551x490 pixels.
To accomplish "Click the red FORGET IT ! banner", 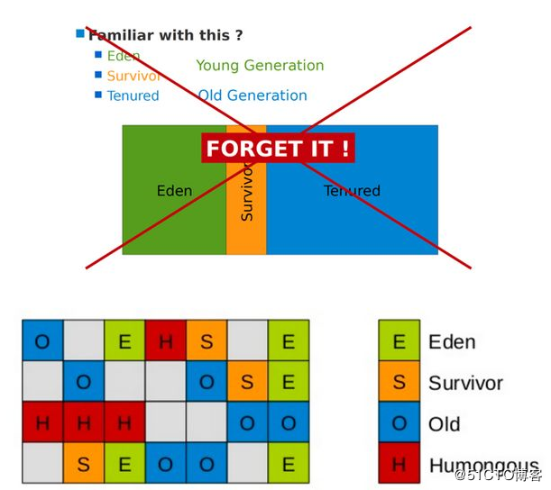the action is (278, 148).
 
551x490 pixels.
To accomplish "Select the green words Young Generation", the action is (260, 66).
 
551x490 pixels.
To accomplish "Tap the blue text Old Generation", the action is (253, 95).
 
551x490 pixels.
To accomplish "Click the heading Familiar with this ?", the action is (165, 36).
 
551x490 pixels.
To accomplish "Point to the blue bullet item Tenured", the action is (133, 95).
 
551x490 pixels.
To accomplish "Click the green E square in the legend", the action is (399, 341).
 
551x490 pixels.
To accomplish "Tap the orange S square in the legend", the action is (399, 383).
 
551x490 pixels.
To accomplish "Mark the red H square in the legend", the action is (399, 465).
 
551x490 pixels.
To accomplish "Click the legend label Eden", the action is (452, 342).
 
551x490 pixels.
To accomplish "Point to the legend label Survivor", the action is (465, 384).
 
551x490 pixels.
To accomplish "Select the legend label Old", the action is (445, 424).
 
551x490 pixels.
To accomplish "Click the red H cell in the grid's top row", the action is (166, 341).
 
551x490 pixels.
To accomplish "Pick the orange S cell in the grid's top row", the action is (207, 341).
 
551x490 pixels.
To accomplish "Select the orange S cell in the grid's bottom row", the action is (84, 465).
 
